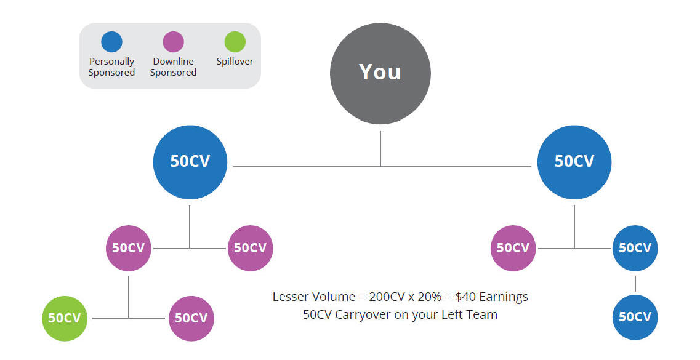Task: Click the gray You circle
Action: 380,74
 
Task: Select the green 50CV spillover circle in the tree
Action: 65,319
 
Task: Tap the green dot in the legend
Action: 235,42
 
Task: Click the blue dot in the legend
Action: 111,42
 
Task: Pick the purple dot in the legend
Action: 173,42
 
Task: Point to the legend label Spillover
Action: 235,62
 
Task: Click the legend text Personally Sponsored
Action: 111,67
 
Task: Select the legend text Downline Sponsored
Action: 173,67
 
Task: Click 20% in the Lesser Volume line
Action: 430,297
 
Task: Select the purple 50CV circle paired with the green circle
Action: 191,319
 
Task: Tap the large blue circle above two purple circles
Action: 190,162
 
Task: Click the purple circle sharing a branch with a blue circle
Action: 513,248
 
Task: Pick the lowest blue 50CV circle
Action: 635,317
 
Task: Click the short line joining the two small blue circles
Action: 635,283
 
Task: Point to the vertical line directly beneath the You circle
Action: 380,149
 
